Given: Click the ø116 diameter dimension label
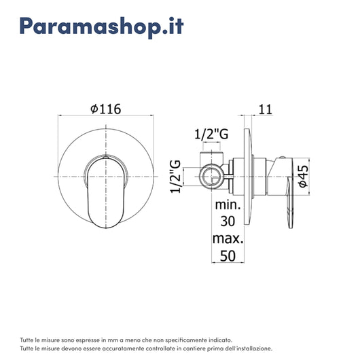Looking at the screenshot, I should point(109,109).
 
